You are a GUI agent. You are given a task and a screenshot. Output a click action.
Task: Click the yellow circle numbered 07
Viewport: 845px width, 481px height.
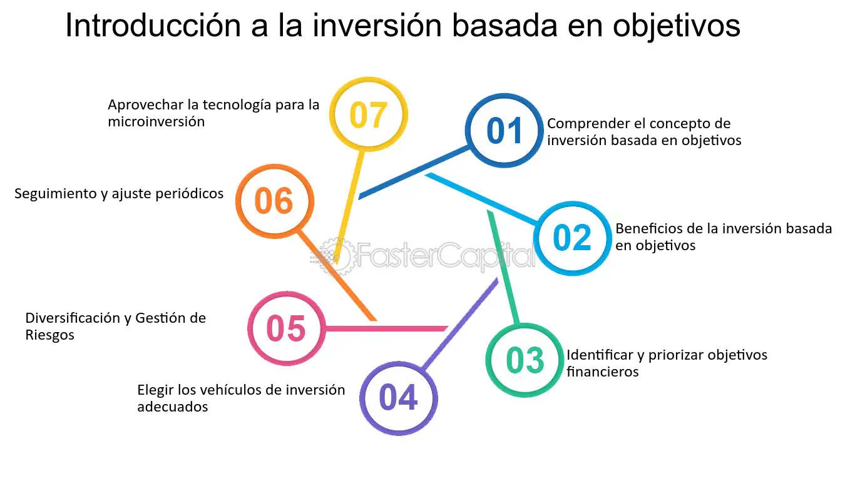[x=368, y=114]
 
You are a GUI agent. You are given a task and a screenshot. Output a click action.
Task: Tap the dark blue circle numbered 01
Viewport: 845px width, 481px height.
[x=504, y=131]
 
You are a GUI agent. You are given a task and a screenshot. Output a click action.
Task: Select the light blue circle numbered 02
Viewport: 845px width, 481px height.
[x=572, y=238]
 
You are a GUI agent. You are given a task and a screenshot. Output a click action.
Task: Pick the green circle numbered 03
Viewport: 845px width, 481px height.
[x=525, y=360]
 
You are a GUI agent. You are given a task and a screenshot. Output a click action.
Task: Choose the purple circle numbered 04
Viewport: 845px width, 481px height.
[x=398, y=398]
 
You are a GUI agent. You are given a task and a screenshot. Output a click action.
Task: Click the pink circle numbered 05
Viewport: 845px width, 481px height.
[x=285, y=328]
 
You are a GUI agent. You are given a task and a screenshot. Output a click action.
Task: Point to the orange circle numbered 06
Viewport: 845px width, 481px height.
[x=274, y=201]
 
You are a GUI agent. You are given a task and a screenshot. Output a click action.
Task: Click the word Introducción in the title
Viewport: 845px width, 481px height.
[x=150, y=26]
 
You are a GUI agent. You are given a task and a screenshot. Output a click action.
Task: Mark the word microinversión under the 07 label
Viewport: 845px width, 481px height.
[x=156, y=121]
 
